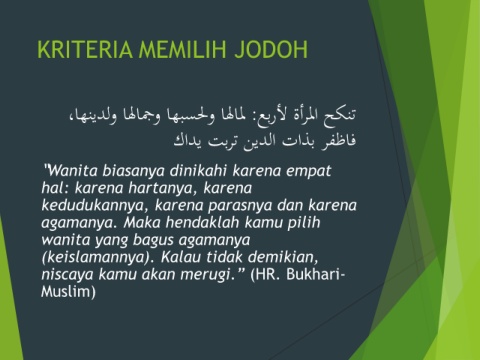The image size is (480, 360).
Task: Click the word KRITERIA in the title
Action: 85,49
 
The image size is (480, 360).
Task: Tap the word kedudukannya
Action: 95,206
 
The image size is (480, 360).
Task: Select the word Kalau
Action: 181,257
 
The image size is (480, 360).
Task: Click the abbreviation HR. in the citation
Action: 269,275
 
